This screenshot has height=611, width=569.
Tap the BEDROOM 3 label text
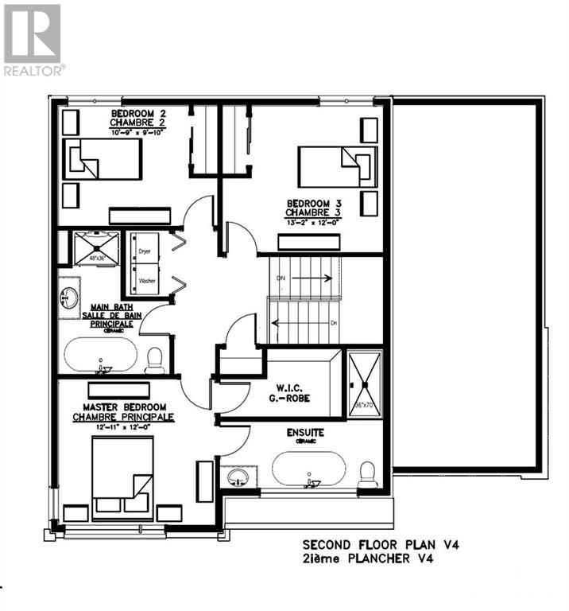314,204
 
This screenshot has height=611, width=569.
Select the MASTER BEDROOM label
123,407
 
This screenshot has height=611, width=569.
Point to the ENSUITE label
305,433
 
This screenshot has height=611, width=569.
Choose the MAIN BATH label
110,307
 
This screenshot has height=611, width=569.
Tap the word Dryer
145,251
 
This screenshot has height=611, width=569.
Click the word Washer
146,282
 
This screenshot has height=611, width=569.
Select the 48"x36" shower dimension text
96,259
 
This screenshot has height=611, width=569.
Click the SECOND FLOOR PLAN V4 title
381,545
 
